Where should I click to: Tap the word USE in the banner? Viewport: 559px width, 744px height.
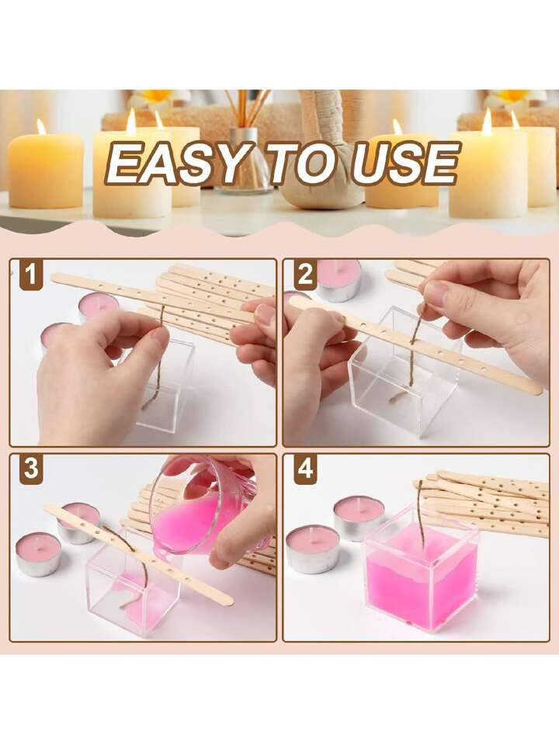(x=405, y=163)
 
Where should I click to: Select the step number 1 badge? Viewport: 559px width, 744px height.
(x=31, y=275)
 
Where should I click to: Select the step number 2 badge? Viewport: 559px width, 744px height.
(x=305, y=275)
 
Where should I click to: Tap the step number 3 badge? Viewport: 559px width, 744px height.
(x=31, y=469)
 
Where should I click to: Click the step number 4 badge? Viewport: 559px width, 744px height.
(x=305, y=469)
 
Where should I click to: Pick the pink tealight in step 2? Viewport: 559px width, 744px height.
(x=339, y=280)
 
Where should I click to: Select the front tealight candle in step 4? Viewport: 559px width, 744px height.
(x=313, y=549)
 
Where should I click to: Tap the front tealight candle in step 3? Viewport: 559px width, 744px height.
(x=39, y=554)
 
